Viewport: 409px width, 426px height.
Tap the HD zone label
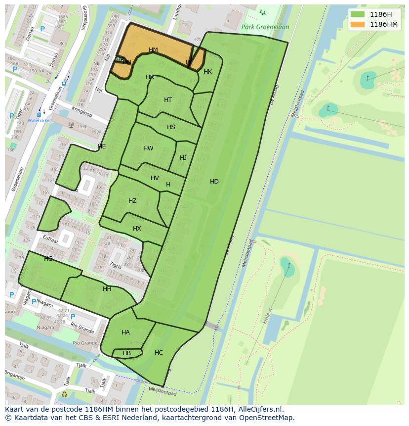tap(214, 182)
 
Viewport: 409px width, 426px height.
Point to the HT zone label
tap(168, 100)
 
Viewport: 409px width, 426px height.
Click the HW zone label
tap(148, 148)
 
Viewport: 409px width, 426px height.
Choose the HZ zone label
tap(132, 201)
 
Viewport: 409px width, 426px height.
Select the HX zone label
tap(137, 229)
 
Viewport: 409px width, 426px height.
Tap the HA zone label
tap(125, 332)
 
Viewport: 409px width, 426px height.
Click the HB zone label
tap(126, 353)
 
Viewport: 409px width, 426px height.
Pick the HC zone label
tap(159, 353)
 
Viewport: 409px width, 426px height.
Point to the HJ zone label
tap(183, 158)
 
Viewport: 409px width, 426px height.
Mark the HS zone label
tap(171, 127)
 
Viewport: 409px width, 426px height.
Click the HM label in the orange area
tap(153, 50)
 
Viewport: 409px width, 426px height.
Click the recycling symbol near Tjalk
tap(64, 395)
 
